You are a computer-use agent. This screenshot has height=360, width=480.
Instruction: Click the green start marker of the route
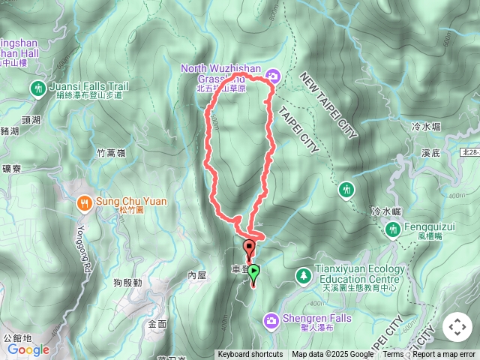pyautogui.click(x=254, y=272)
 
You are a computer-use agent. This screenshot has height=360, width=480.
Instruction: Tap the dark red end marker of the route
pyautogui.click(x=249, y=246)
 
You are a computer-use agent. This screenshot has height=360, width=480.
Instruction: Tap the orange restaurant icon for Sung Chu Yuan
pyautogui.click(x=84, y=202)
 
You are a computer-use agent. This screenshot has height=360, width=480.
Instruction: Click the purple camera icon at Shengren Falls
pyautogui.click(x=270, y=321)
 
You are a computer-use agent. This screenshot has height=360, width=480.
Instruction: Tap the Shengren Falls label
pyautogui.click(x=318, y=319)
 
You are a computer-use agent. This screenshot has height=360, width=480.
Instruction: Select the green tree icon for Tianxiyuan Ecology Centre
pyautogui.click(x=303, y=276)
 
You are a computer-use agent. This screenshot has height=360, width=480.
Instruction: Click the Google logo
pyautogui.click(x=28, y=349)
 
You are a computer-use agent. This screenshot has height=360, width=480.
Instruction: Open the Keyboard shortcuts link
pyautogui.click(x=250, y=355)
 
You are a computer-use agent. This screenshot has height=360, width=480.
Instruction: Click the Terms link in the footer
pyautogui.click(x=393, y=355)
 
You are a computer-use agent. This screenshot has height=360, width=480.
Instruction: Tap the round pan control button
pyautogui.click(x=457, y=327)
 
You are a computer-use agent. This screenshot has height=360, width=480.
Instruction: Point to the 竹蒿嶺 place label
pyautogui.click(x=112, y=152)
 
